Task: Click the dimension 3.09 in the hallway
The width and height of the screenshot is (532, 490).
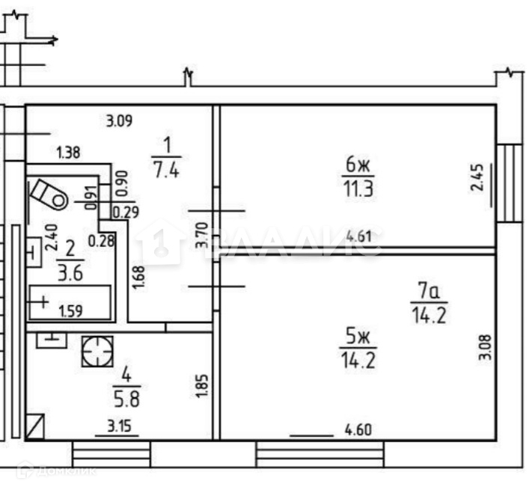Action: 120,120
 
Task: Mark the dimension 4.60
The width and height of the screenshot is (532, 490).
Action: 358,430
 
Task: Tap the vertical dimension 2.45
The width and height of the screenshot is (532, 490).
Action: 479,179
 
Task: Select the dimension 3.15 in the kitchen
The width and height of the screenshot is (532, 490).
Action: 117,427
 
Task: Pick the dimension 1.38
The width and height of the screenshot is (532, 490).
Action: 68,155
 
